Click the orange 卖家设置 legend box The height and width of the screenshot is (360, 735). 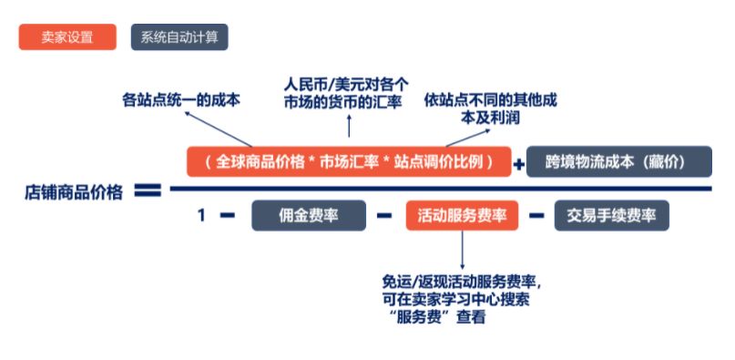[68, 37]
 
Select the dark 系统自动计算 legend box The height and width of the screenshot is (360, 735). [179, 37]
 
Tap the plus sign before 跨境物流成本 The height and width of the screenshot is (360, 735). [520, 165]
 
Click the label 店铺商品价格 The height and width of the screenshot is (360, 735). [74, 192]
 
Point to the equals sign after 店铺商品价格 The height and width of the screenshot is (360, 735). [148, 191]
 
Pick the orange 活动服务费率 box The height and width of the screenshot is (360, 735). [462, 216]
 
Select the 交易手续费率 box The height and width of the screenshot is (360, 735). [611, 216]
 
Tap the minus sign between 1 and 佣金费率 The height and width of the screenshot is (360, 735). [228, 216]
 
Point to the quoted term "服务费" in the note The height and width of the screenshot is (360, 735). [424, 318]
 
